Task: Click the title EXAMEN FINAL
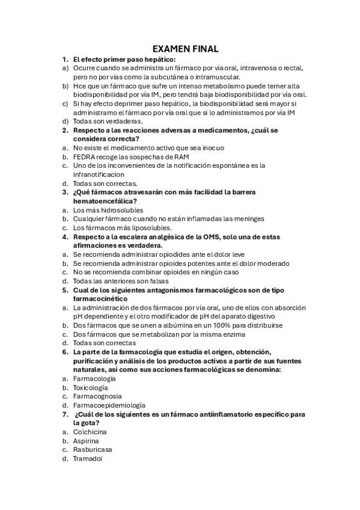(x=185, y=49)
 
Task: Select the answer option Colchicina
(x=90, y=432)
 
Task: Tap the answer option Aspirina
(x=86, y=441)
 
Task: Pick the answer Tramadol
(x=87, y=458)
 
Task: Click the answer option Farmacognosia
(x=97, y=396)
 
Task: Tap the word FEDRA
(x=84, y=156)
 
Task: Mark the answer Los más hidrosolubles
(x=108, y=210)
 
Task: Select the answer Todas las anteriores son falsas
(x=121, y=281)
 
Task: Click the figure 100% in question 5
(x=218, y=325)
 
